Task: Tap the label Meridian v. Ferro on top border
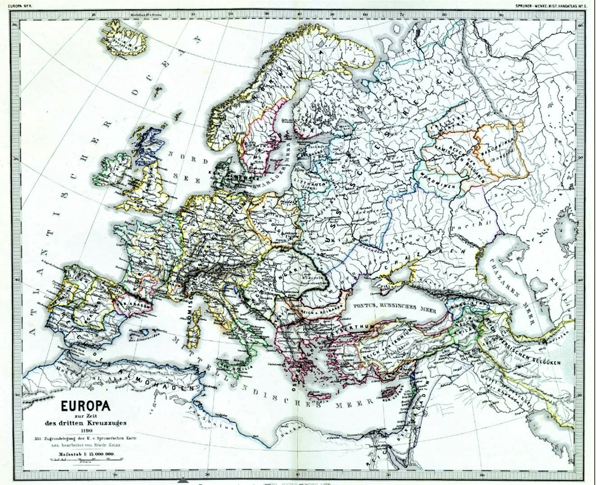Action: coord(146,14)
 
